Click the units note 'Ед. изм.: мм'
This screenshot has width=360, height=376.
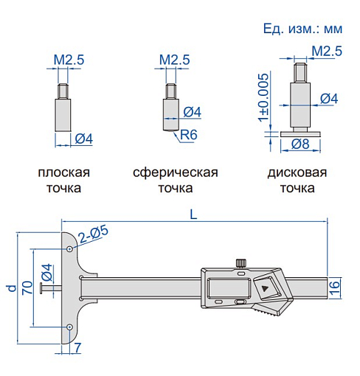pos(303,30)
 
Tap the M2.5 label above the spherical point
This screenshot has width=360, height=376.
pos(175,59)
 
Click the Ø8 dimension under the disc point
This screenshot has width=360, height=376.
pos(300,144)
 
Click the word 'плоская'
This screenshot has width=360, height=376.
pos(64,173)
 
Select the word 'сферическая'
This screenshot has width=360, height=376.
pos(175,173)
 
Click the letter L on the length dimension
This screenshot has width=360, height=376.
pos(193,215)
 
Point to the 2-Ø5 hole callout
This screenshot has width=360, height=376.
pos(94,233)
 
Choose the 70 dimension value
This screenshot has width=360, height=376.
pos(26,287)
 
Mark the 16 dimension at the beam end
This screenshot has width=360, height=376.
pos(335,287)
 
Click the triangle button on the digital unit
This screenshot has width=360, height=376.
pos(265,285)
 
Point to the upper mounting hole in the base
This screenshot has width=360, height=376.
pos(69,249)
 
